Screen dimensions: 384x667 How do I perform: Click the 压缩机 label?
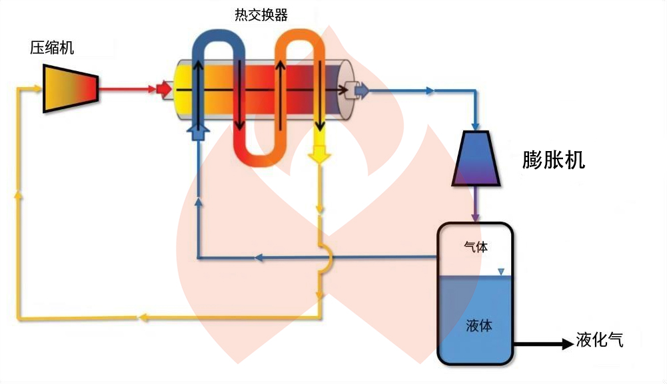52,47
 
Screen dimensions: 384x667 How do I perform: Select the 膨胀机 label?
554,160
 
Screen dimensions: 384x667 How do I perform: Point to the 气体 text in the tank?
475,247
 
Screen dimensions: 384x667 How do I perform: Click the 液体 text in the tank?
479,326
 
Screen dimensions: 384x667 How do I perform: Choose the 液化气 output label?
600,341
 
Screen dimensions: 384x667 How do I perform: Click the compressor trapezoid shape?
70,87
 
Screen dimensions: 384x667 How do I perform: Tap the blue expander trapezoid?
476,158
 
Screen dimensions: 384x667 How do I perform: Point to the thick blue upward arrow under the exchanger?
197,130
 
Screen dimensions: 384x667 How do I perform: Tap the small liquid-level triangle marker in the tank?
501,272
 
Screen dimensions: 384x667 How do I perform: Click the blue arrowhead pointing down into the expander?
476,124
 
